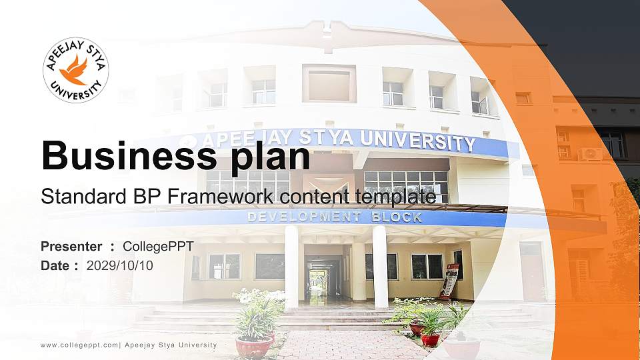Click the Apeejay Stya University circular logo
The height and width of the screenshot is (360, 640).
click(x=76, y=70)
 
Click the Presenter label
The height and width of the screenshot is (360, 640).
click(x=71, y=247)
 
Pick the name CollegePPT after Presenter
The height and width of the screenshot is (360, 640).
click(x=159, y=247)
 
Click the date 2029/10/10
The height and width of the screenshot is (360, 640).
click(x=120, y=266)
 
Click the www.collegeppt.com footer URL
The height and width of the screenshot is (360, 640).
click(x=79, y=345)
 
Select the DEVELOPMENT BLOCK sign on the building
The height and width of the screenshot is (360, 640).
click(x=335, y=217)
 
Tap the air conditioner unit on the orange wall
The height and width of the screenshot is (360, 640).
click(x=590, y=154)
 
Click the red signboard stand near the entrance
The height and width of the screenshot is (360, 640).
click(x=450, y=280)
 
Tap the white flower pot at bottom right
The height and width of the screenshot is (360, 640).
click(x=461, y=348)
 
